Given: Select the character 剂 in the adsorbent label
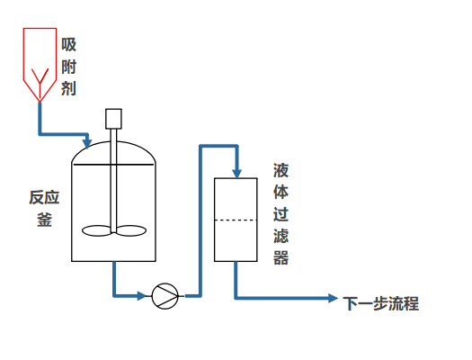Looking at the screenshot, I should click(x=69, y=88).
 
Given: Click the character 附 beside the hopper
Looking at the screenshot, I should click(x=69, y=67).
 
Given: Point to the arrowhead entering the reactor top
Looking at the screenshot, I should click(x=86, y=142).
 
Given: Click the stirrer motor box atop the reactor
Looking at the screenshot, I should click(x=113, y=118).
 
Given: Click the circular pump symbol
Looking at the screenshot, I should click(x=165, y=294).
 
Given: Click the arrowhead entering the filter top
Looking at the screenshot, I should click(x=236, y=173).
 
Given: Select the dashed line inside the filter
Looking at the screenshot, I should click(x=236, y=220).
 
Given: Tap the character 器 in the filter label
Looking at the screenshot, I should click(x=281, y=258).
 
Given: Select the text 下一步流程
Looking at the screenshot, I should click(x=380, y=303).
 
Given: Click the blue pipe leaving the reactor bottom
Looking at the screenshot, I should click(x=114, y=279).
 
